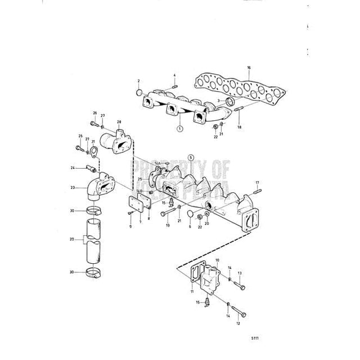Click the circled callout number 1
179,129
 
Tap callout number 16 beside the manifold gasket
249,68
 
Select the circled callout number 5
190,158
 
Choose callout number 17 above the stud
258,182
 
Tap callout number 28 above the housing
119,121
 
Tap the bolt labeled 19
166,214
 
